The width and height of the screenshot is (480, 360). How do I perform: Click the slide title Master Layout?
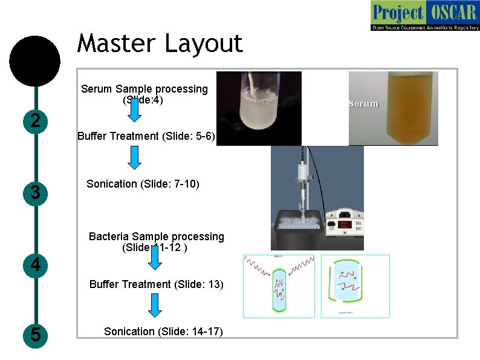tap(160, 44)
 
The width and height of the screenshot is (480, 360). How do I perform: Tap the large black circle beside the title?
tap(36, 61)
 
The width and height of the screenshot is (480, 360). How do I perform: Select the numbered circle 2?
tap(36, 121)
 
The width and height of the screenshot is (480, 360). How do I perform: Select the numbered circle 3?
tap(36, 193)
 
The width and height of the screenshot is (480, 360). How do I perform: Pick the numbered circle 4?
tap(36, 265)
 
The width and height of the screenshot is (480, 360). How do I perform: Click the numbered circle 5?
tap(36, 335)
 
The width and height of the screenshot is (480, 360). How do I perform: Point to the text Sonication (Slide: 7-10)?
tap(143, 184)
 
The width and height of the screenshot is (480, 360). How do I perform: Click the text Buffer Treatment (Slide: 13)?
tap(157, 284)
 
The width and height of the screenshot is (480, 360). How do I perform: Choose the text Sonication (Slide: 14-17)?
tap(163, 332)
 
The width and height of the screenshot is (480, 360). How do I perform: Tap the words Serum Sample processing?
tap(144, 89)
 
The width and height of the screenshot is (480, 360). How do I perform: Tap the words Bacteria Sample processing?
tap(156, 237)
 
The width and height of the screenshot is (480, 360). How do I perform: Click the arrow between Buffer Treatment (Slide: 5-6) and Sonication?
tap(135, 157)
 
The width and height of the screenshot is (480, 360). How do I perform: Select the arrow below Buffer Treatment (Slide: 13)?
tap(155, 306)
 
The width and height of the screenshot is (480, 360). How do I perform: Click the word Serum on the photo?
tap(363, 103)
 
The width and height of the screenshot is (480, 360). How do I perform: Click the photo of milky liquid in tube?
tap(259, 109)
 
